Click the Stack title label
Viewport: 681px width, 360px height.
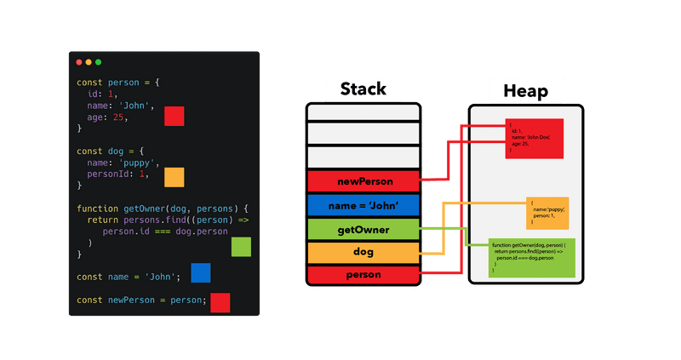[363, 89]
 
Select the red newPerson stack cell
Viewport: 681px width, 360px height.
[363, 180]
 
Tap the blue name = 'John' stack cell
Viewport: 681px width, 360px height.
[363, 204]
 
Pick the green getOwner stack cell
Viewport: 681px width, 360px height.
[363, 229]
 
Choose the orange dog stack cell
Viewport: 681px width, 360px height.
[363, 253]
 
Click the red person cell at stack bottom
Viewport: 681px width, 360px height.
[363, 276]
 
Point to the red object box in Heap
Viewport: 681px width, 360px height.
[535, 139]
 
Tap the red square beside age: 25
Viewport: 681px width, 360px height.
[175, 117]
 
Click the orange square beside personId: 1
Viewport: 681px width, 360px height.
[175, 177]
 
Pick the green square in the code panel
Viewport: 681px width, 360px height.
[242, 247]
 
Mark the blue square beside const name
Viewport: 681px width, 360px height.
[201, 272]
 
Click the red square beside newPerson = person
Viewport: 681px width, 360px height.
[220, 302]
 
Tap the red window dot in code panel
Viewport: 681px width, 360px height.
[79, 62]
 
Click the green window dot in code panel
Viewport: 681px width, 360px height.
[99, 62]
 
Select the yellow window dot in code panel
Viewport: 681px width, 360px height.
[89, 62]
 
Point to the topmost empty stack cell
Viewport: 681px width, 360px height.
[363, 112]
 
